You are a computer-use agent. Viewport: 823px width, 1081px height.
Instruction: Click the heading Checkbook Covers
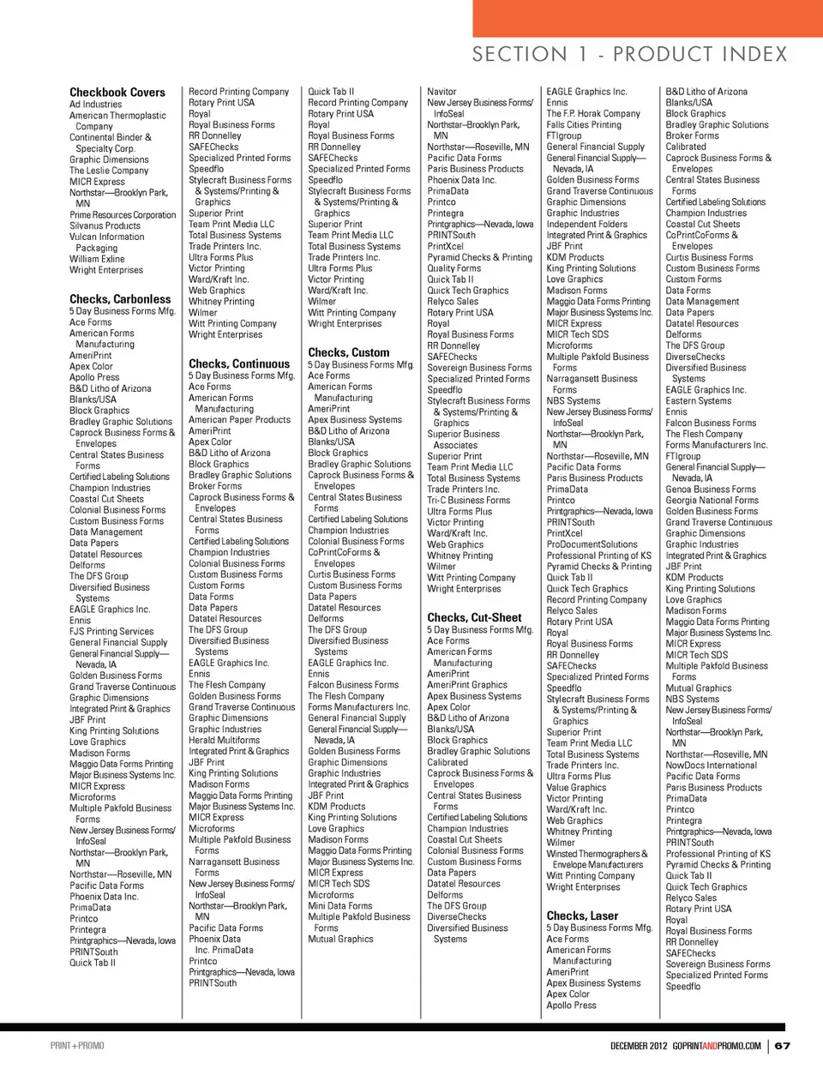[117, 93]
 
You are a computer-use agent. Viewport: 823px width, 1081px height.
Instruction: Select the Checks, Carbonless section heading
[120, 299]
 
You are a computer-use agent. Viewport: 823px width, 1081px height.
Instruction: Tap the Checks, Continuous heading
[239, 363]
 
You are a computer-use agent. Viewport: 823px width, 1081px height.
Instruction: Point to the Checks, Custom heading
[349, 352]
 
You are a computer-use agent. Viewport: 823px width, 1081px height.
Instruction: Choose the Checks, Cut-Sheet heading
[474, 617]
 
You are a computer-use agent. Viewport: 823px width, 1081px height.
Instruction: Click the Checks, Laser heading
[582, 916]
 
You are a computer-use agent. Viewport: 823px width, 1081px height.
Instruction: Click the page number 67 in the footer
[783, 1046]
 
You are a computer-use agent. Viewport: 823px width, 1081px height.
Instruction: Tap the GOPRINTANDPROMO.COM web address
[717, 1046]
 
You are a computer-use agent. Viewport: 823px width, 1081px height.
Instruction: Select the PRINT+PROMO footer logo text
[77, 1046]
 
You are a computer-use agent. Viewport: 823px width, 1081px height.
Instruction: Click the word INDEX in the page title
[744, 55]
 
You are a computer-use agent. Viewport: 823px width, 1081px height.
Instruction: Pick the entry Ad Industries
[96, 105]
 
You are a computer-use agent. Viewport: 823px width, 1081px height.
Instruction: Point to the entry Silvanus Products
[105, 226]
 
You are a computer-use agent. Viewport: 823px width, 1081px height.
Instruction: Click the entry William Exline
[97, 259]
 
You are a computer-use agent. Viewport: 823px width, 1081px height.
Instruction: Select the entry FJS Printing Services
[111, 632]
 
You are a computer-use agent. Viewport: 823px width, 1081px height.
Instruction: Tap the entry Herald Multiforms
[224, 740]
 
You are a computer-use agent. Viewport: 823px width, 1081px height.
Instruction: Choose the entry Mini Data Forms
[340, 905]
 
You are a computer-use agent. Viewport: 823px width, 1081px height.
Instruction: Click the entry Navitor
[442, 92]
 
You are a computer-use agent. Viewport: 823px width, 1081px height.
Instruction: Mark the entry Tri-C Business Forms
[469, 501]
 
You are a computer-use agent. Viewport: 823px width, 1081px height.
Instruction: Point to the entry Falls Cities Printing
[584, 125]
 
